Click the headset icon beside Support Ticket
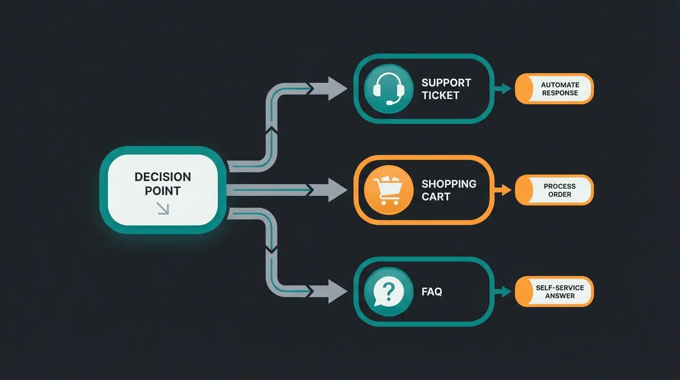tap(388, 89)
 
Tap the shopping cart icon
tap(388, 190)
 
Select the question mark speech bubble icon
tap(388, 292)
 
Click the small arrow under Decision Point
tap(163, 209)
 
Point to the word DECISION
tap(163, 177)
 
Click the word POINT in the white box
tap(163, 191)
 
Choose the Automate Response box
tap(554, 89)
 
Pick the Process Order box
tap(554, 190)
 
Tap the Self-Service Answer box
tap(554, 291)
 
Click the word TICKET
tap(440, 95)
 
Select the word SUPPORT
tap(446, 83)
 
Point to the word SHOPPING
tap(449, 184)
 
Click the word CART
tap(436, 196)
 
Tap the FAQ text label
tap(432, 292)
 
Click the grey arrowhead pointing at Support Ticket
tap(337, 89)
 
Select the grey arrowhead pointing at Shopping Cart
tap(337, 190)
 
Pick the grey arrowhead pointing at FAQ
tap(337, 291)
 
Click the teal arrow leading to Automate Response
tap(505, 89)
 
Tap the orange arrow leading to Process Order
tap(505, 190)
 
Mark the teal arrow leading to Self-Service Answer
tap(505, 291)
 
